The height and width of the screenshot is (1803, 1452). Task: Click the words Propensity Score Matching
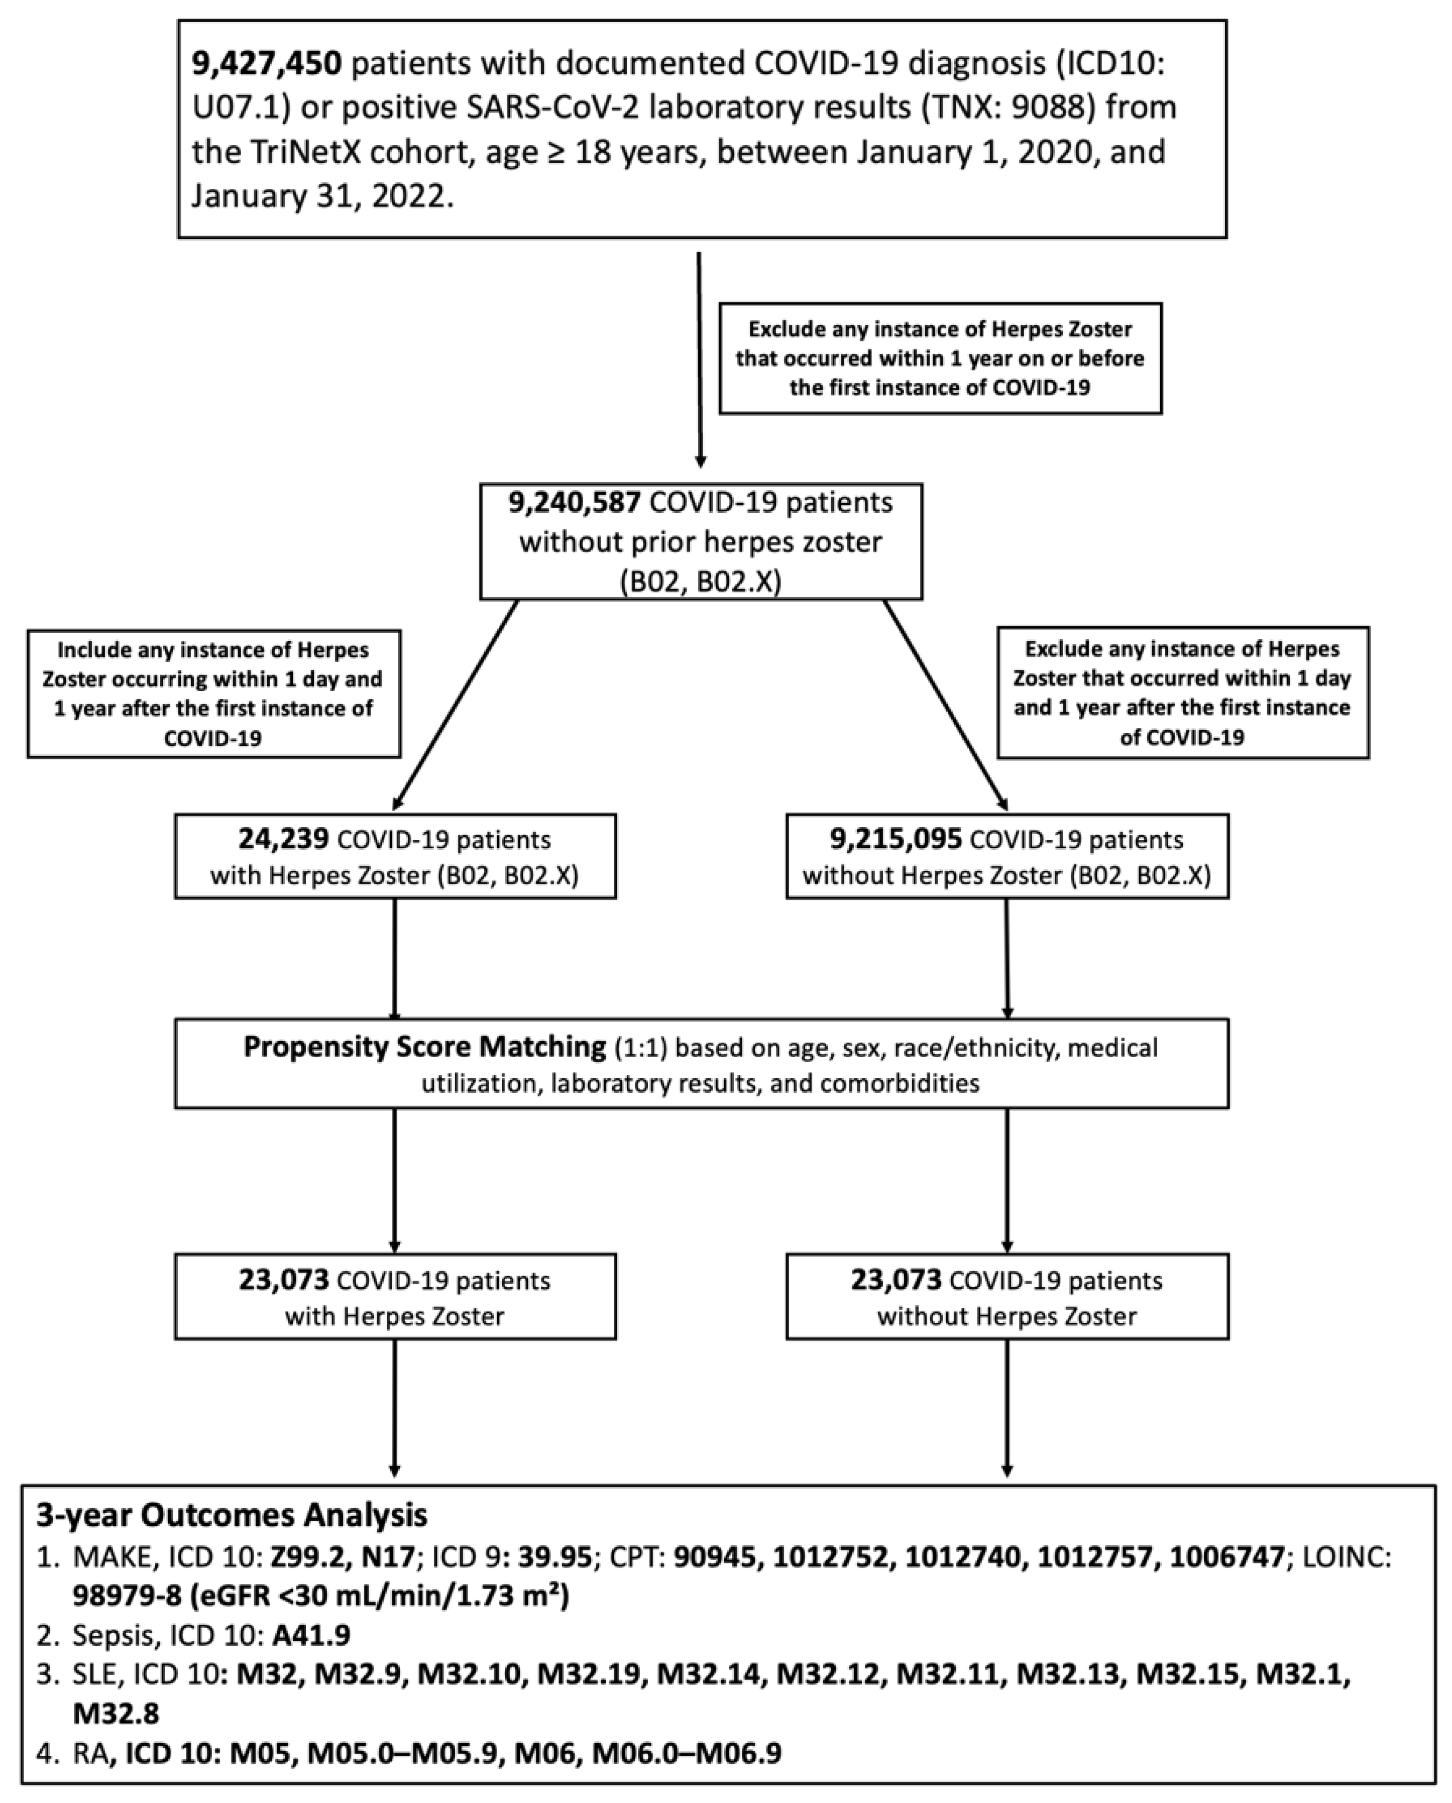(x=424, y=1047)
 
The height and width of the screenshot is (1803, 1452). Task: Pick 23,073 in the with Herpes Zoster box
(x=283, y=1280)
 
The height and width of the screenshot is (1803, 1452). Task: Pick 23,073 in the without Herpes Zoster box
(x=896, y=1280)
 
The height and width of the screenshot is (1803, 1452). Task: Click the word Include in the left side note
(x=92, y=650)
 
